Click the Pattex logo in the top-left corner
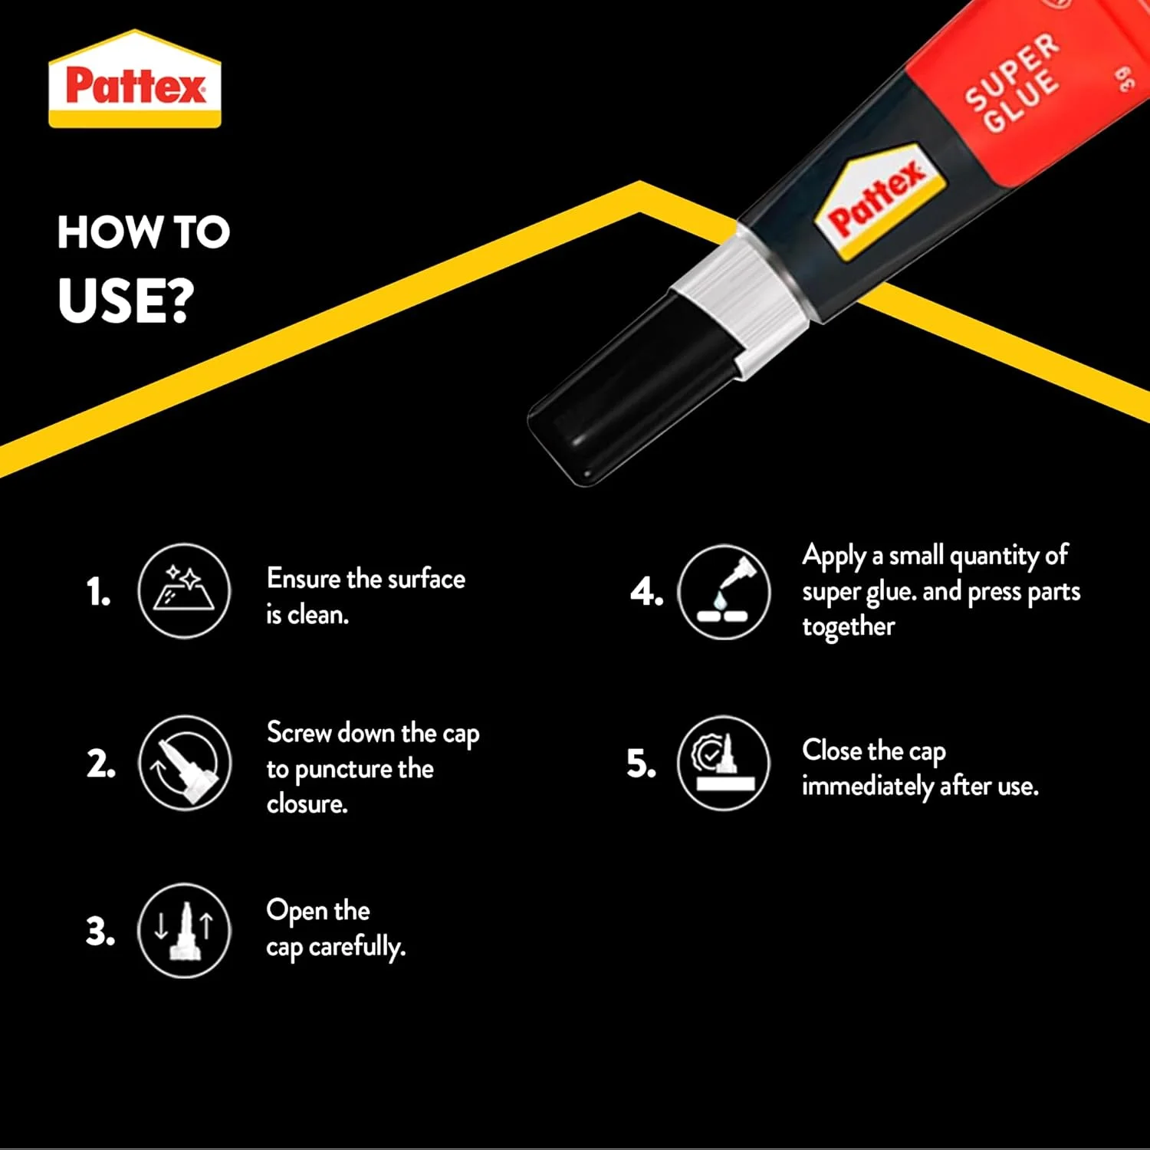point(135,79)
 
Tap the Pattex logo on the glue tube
point(880,200)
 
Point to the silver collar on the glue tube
point(739,299)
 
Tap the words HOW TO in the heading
point(143,232)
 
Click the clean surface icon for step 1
point(184,590)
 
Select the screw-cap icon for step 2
point(184,763)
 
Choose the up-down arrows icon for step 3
point(184,931)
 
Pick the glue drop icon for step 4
point(724,592)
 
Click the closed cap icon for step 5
point(724,763)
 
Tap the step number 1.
point(98,592)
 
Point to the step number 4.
point(646,592)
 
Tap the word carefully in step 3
point(357,948)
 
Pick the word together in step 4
point(848,627)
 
